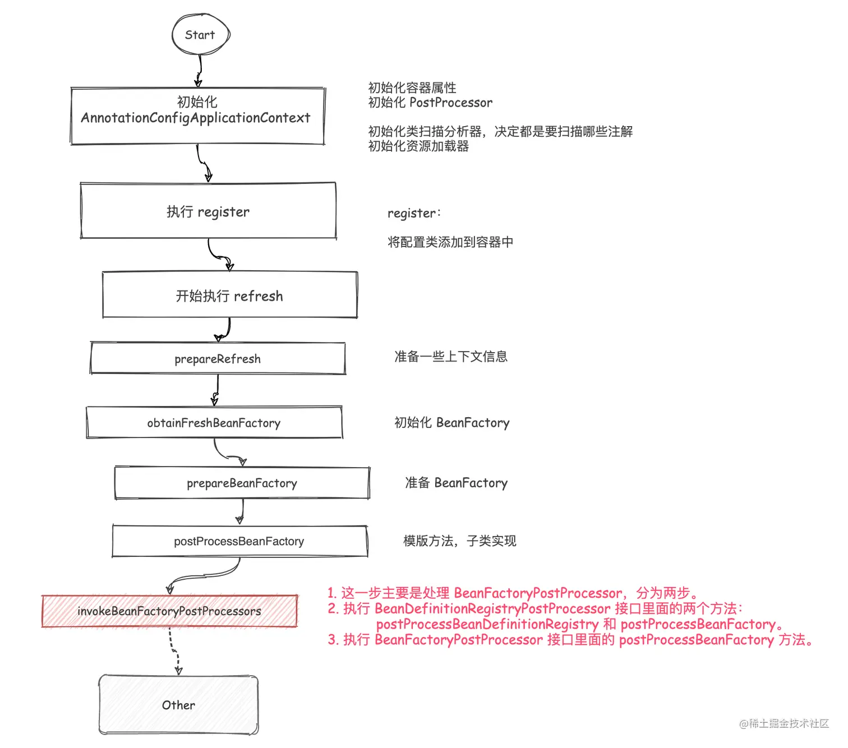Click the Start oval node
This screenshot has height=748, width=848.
(200, 35)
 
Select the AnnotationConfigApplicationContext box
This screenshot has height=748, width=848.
(197, 116)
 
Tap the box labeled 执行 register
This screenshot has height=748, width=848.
(208, 211)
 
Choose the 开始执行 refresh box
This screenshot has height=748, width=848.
(229, 295)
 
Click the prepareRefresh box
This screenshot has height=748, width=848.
(218, 359)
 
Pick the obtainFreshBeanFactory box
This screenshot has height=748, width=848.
(214, 423)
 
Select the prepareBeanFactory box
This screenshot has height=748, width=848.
(242, 483)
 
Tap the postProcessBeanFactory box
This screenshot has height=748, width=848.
(239, 541)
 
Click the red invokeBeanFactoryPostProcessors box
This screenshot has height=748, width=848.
(169, 611)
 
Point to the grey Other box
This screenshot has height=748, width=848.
(178, 705)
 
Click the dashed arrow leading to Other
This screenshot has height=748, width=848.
(174, 650)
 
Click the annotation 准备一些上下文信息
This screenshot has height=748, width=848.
(451, 357)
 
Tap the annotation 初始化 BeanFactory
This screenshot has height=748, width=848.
(452, 423)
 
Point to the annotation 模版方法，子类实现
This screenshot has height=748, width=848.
(460, 541)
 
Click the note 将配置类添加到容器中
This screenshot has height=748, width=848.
(450, 242)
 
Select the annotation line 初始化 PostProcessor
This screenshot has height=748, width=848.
(430, 103)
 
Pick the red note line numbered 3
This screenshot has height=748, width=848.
(570, 640)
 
